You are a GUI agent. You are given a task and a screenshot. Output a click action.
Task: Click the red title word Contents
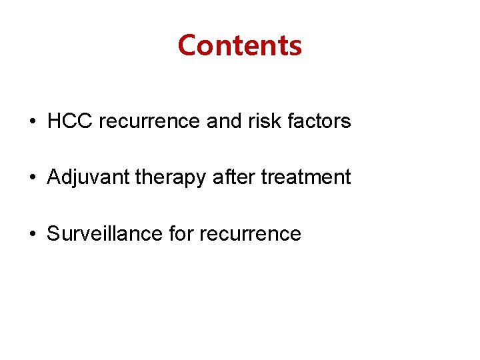click(240, 45)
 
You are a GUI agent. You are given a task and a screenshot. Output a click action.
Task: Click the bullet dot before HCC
click(33, 123)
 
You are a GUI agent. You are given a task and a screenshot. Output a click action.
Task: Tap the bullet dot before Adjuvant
click(33, 179)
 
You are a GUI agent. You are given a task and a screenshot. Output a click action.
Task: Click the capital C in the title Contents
click(187, 45)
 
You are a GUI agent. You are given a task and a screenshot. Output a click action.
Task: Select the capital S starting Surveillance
click(53, 234)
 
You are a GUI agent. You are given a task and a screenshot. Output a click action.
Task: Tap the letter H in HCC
click(54, 121)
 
